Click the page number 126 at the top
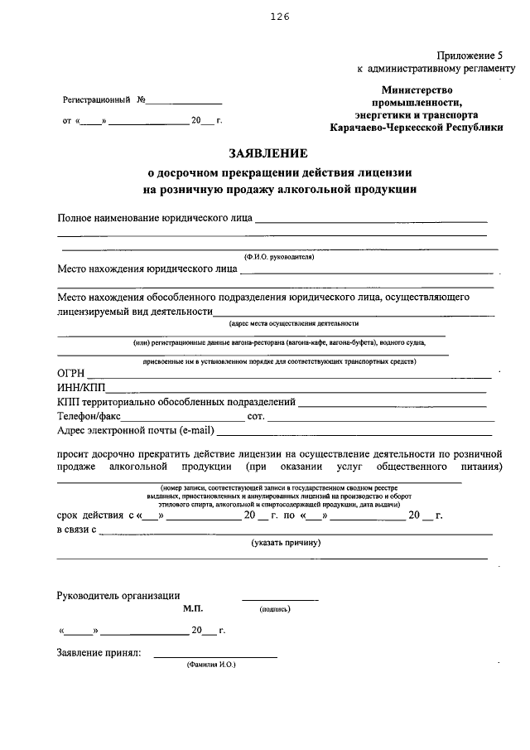[x=278, y=17]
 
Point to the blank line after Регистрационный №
[x=185, y=102]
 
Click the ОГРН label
[x=70, y=373]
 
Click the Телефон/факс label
[x=89, y=416]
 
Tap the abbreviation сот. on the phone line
[x=255, y=416]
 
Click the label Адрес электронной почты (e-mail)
[x=136, y=430]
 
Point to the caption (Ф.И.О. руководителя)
[x=277, y=257]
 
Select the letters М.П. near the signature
[x=192, y=608]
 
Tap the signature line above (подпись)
[x=279, y=599]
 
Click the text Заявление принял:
[x=99, y=653]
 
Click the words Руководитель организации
[x=118, y=595]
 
